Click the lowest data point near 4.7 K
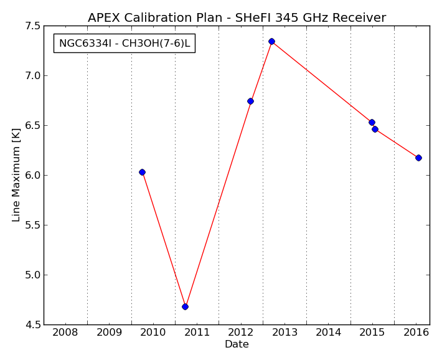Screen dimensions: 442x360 point(185,306)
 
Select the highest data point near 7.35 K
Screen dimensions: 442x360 point(272,42)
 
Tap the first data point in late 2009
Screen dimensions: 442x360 point(142,172)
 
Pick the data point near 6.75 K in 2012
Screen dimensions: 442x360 point(250,101)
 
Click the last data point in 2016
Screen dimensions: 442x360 point(418,158)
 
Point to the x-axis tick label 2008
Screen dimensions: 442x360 point(65,333)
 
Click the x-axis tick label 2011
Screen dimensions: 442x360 point(197,333)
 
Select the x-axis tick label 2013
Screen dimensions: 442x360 point(284,333)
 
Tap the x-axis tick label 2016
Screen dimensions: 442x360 point(416,333)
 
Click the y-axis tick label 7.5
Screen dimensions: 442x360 point(32,26)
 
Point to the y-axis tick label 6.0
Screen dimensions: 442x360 point(32,175)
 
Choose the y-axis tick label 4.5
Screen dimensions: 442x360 point(32,324)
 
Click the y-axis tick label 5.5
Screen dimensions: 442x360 point(32,225)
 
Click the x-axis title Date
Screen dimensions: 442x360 point(237,344)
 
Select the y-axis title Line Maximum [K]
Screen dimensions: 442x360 point(16,175)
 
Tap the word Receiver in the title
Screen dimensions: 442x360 point(359,18)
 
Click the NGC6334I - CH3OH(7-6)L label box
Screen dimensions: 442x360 point(125,43)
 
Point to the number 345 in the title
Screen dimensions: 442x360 point(286,18)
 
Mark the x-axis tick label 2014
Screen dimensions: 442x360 point(329,333)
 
